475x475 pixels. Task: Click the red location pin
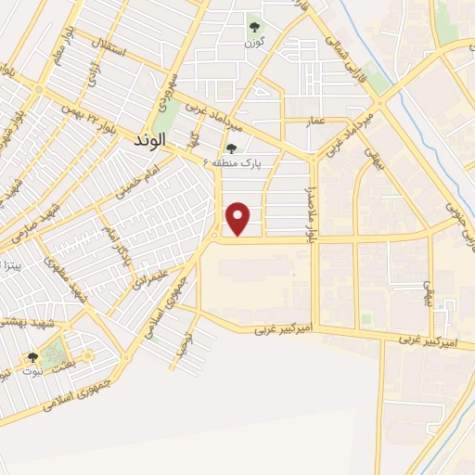[239, 219]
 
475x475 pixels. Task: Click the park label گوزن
[255, 44]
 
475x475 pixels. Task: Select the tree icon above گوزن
[255, 27]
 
